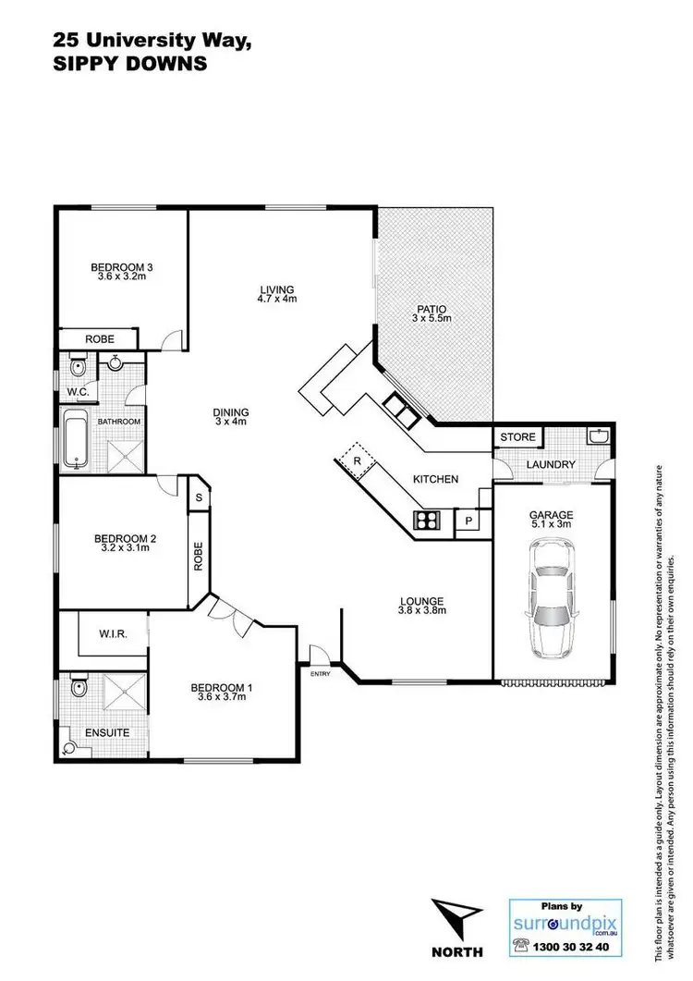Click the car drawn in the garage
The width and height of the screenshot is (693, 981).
point(551,599)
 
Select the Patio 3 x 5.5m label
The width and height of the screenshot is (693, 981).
point(430,313)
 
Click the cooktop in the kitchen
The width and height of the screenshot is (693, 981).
point(429,520)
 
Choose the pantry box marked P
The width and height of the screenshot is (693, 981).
point(468,521)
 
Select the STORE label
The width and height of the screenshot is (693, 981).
point(517,436)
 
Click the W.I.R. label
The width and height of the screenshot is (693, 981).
point(112,633)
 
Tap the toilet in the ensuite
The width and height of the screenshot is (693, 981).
point(78,689)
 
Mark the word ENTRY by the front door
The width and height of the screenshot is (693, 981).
point(320,674)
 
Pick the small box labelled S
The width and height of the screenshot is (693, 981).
point(198,497)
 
